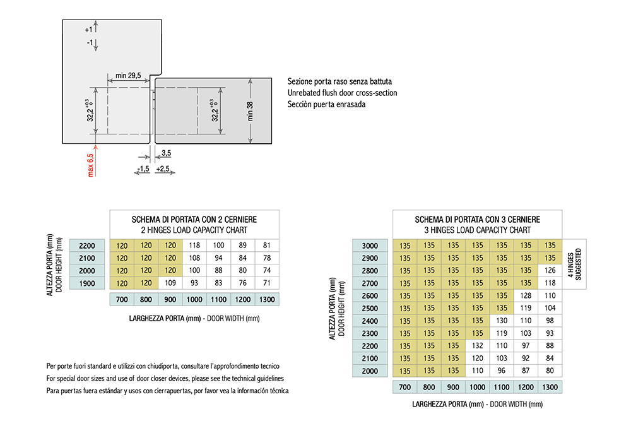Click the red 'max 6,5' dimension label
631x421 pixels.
pyautogui.click(x=90, y=165)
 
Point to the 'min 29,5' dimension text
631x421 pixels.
pyautogui.click(x=128, y=75)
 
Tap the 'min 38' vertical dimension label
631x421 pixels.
pyautogui.click(x=250, y=111)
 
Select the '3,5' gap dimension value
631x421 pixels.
pyautogui.click(x=166, y=153)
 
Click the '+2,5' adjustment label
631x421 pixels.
pyautogui.click(x=163, y=169)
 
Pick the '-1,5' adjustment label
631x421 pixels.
pyautogui.click(x=143, y=169)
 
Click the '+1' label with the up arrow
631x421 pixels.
pyautogui.click(x=88, y=30)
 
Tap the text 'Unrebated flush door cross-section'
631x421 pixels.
pyautogui.click(x=342, y=93)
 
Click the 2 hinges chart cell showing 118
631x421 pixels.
pyautogui.click(x=194, y=245)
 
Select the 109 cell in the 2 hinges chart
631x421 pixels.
pyautogui.click(x=170, y=283)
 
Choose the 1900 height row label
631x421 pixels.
pyautogui.click(x=87, y=283)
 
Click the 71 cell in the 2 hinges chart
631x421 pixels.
pyautogui.click(x=267, y=283)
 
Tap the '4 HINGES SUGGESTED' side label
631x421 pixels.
pyautogui.click(x=574, y=264)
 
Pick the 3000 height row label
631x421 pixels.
pyautogui.click(x=370, y=246)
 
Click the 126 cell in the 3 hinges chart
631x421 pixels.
pyautogui.click(x=550, y=271)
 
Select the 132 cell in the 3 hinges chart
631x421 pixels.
pyautogui.click(x=477, y=346)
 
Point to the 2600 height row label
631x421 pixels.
pyautogui.click(x=370, y=296)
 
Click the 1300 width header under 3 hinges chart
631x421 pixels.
pyautogui.click(x=550, y=387)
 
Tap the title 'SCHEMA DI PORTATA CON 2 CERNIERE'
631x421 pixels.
pyautogui.click(x=194, y=220)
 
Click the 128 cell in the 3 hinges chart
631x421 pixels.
pyautogui.click(x=526, y=295)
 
